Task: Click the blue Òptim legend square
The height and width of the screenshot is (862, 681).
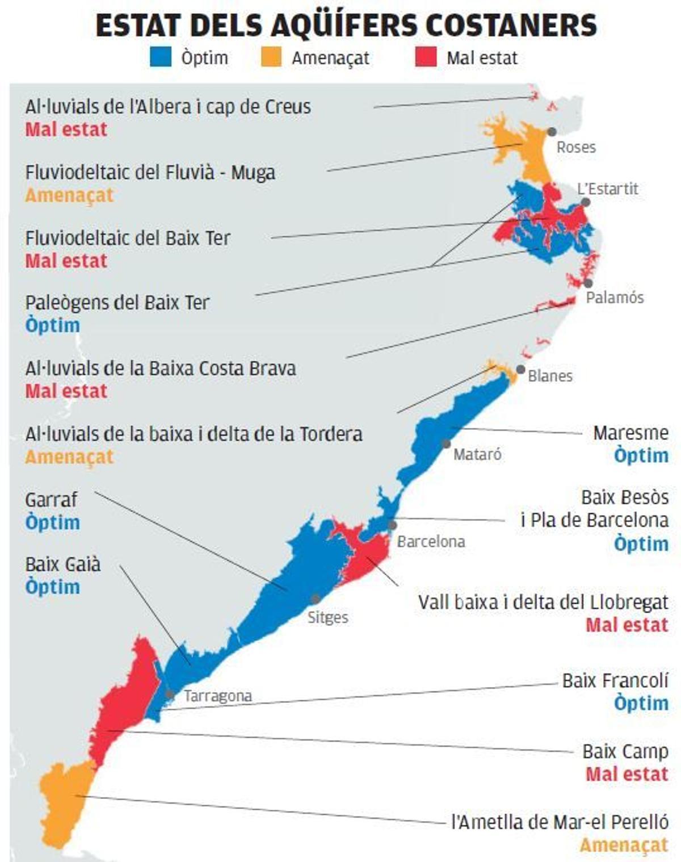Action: [161, 57]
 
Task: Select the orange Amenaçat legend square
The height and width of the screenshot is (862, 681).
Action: [271, 57]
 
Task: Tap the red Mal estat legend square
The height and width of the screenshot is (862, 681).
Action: [426, 57]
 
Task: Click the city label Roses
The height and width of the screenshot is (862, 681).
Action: [576, 148]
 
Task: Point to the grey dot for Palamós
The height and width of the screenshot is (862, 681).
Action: [588, 283]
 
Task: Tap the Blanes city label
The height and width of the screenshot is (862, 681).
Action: [550, 376]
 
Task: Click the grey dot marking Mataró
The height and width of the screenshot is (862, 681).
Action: [447, 443]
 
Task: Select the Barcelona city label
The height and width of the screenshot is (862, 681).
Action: [431, 542]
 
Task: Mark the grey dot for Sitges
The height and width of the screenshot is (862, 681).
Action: [316, 599]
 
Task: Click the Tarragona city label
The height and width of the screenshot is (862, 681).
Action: [218, 696]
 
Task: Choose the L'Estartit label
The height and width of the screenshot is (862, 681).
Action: [607, 189]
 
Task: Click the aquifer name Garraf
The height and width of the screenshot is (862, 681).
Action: [51, 500]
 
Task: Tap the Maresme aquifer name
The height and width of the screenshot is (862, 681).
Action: [630, 433]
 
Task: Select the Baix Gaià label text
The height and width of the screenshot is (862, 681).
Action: [62, 564]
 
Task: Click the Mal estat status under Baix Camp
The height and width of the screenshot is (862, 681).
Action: [627, 774]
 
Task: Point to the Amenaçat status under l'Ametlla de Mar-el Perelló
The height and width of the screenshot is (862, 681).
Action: [624, 845]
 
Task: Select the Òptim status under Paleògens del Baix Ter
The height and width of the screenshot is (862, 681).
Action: [52, 325]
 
